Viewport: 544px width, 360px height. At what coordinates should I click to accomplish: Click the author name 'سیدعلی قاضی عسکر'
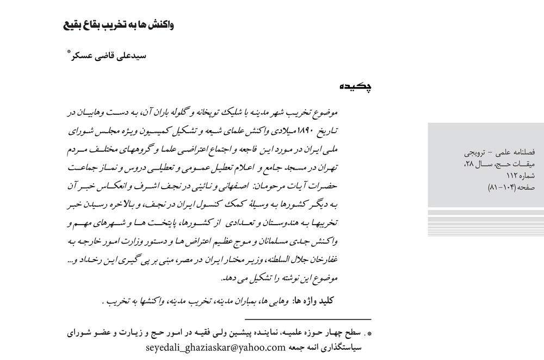[113, 56]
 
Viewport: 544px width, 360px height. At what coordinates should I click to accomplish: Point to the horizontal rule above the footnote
[308, 319]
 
